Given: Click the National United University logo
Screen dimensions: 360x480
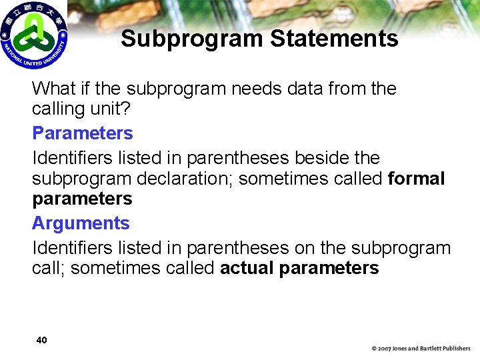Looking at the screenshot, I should click(33, 35).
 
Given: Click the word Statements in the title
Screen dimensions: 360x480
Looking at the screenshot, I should click(334, 39).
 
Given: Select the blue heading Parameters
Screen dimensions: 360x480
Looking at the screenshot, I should click(83, 133).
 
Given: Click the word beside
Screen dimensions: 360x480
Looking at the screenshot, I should click(323, 159).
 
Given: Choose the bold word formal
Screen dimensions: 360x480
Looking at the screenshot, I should click(416, 179).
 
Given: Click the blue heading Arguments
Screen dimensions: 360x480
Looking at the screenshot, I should click(81, 223).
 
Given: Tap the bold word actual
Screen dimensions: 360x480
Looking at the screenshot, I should click(247, 269).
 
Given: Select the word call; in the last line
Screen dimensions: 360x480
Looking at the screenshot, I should click(50, 269).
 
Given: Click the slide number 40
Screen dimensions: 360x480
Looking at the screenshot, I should click(41, 340).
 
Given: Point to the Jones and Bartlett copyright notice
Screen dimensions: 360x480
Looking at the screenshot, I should click(421, 349).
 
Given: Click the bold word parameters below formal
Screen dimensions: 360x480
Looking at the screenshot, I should click(82, 199).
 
